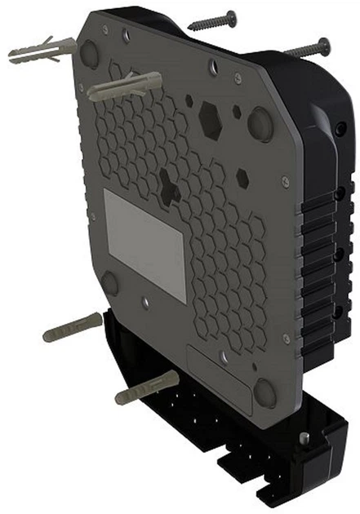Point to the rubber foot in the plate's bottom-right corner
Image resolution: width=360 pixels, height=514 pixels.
click(264, 392)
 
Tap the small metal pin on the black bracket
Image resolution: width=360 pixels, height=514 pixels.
click(304, 440)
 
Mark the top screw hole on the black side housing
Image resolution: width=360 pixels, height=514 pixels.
click(338, 131)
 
